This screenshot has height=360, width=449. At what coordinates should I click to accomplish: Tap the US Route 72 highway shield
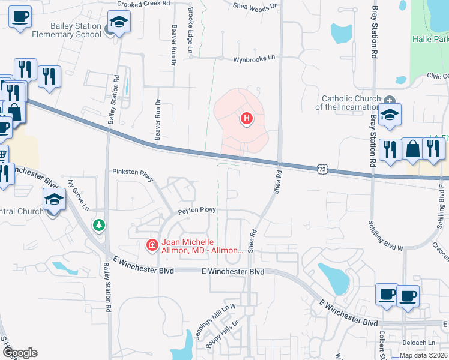(323, 170)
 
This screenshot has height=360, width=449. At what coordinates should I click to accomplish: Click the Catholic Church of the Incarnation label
(351, 103)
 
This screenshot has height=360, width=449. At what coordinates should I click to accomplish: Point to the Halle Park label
(430, 38)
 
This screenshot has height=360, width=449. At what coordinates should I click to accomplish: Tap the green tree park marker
(99, 225)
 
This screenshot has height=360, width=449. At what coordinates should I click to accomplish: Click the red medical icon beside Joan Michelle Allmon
(152, 245)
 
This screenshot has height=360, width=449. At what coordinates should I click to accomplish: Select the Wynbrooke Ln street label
(254, 59)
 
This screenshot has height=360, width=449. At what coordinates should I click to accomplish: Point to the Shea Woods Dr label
(256, 6)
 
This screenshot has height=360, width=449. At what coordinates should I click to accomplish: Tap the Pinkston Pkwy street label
(133, 172)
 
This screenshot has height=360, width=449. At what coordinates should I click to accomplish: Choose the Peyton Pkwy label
(196, 210)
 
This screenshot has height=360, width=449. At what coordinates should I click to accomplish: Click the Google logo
(20, 353)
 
